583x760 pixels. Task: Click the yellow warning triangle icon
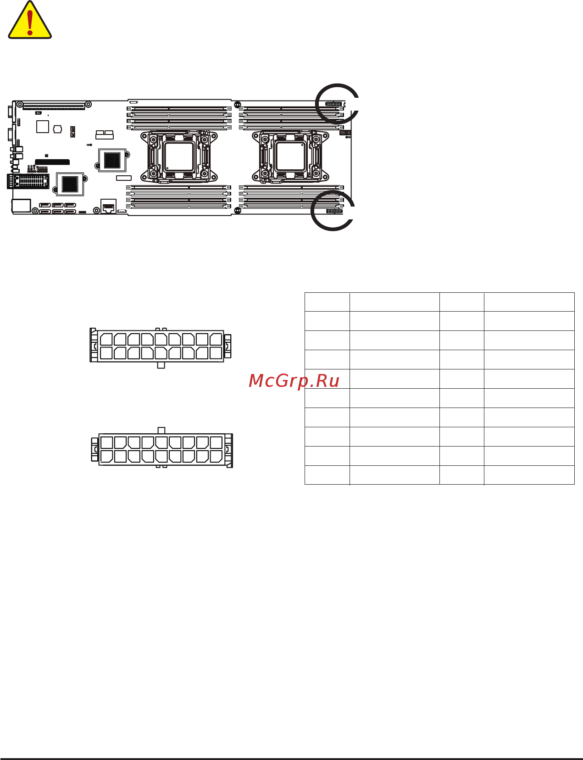pos(30,20)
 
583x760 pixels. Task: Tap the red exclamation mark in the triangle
pos(30,22)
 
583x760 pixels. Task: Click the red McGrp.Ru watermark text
pos(294,381)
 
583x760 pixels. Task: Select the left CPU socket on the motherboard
pos(179,156)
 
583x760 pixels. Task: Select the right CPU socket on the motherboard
pos(290,156)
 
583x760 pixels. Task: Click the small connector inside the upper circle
pos(333,104)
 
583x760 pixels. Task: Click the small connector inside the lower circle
pos(334,211)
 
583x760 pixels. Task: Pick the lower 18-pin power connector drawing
pos(162,447)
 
